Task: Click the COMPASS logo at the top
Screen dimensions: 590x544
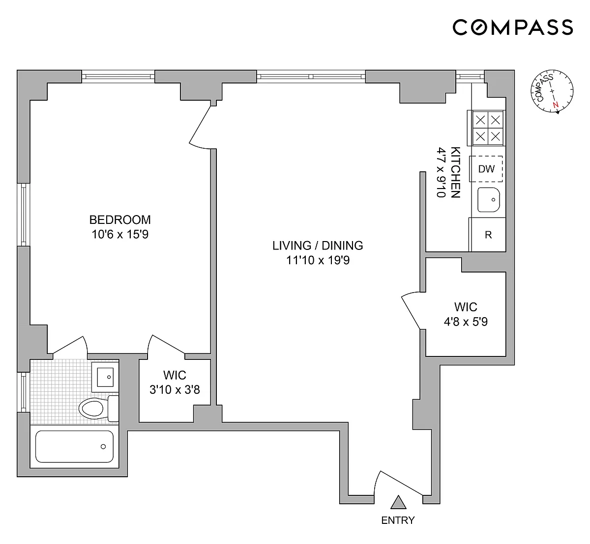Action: [x=513, y=27]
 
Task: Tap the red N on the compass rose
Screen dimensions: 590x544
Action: [x=555, y=105]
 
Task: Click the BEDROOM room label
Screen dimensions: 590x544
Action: [x=120, y=220]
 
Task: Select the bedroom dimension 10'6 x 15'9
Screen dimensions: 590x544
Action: [x=120, y=235]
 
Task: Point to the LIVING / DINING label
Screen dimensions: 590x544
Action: [x=318, y=246]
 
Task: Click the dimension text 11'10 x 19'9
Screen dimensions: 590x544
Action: [x=318, y=260]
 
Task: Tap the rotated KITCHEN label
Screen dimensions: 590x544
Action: [x=456, y=172]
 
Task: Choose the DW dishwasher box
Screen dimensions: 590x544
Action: [x=486, y=169]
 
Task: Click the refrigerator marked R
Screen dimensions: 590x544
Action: [x=488, y=235]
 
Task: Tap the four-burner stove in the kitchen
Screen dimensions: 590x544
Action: [x=488, y=128]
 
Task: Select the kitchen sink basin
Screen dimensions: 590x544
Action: [x=489, y=200]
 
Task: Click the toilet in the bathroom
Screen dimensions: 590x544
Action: [x=99, y=408]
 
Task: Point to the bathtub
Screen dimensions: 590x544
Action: [x=74, y=447]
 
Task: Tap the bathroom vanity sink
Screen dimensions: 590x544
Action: [x=105, y=377]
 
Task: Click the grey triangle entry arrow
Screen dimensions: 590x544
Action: [x=398, y=502]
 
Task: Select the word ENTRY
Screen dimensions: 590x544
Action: [x=398, y=520]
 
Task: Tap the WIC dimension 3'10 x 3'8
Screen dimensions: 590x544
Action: [x=175, y=390]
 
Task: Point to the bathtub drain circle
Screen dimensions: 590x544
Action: [x=103, y=447]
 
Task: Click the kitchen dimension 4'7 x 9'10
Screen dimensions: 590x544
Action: [x=441, y=172]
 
